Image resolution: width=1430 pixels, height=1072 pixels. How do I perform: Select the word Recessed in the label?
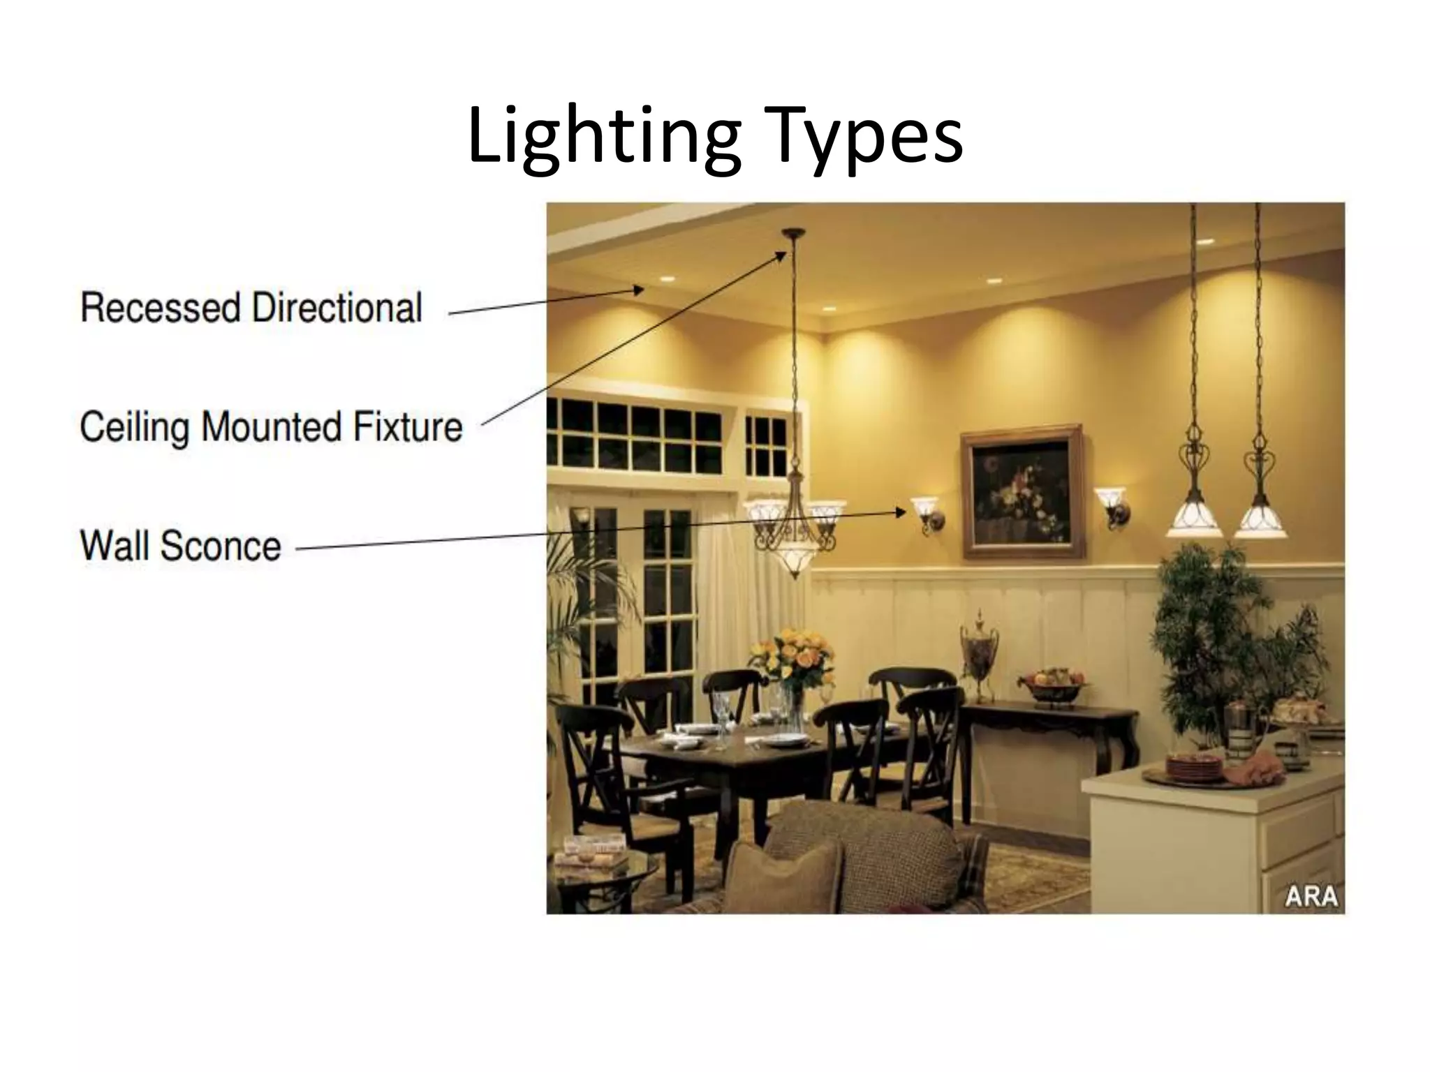(160, 308)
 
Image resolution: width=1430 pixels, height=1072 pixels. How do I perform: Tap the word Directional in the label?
(337, 308)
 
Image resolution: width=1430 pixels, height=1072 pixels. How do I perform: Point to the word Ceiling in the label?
(134, 427)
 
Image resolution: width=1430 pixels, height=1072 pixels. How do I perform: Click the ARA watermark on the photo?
(1311, 896)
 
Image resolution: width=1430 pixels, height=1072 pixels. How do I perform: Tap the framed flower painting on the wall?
(1022, 491)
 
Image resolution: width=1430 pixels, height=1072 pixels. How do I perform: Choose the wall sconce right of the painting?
(1112, 505)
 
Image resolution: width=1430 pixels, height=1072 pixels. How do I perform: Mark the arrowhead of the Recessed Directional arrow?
(638, 290)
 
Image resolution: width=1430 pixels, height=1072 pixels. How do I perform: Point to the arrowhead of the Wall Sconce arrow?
(901, 512)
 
